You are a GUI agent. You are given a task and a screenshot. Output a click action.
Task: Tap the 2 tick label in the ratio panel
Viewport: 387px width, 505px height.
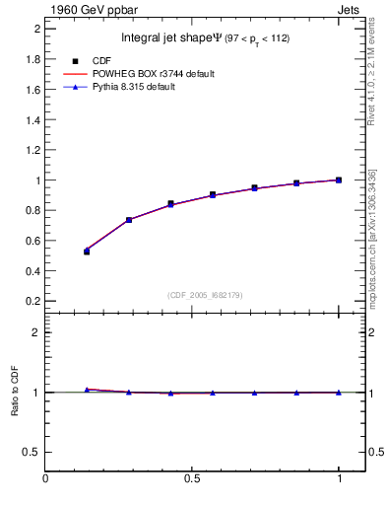tap(36, 332)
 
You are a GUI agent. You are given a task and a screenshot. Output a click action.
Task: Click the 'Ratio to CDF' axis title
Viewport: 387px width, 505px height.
tap(14, 393)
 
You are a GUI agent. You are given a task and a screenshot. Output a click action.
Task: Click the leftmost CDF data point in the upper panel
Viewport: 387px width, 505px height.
tap(87, 252)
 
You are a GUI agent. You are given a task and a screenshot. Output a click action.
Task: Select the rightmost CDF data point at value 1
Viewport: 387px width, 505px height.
tap(339, 180)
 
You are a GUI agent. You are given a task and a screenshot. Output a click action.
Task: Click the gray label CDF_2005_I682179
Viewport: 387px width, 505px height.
tap(206, 295)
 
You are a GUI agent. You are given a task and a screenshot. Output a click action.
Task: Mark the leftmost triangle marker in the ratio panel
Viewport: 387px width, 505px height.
tap(87, 390)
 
